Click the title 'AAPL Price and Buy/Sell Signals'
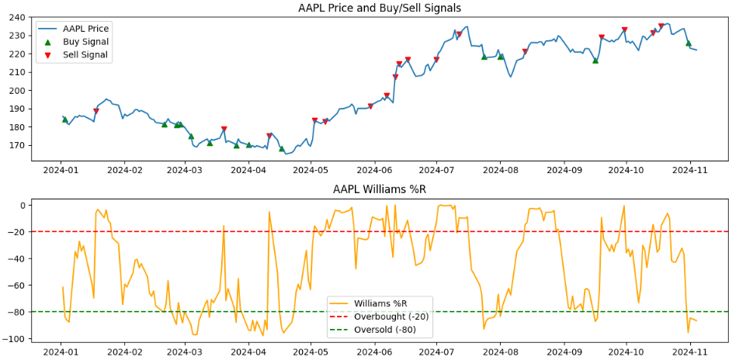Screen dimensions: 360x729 [379, 8]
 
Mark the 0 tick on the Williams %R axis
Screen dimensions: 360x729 [23, 206]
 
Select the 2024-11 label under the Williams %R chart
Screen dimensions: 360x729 [690, 351]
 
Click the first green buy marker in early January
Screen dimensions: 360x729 [65, 119]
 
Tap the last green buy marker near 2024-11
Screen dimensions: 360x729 [688, 43]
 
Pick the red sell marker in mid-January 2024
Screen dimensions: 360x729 [96, 111]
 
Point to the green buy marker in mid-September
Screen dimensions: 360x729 [595, 60]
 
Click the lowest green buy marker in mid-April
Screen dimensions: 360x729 [282, 148]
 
